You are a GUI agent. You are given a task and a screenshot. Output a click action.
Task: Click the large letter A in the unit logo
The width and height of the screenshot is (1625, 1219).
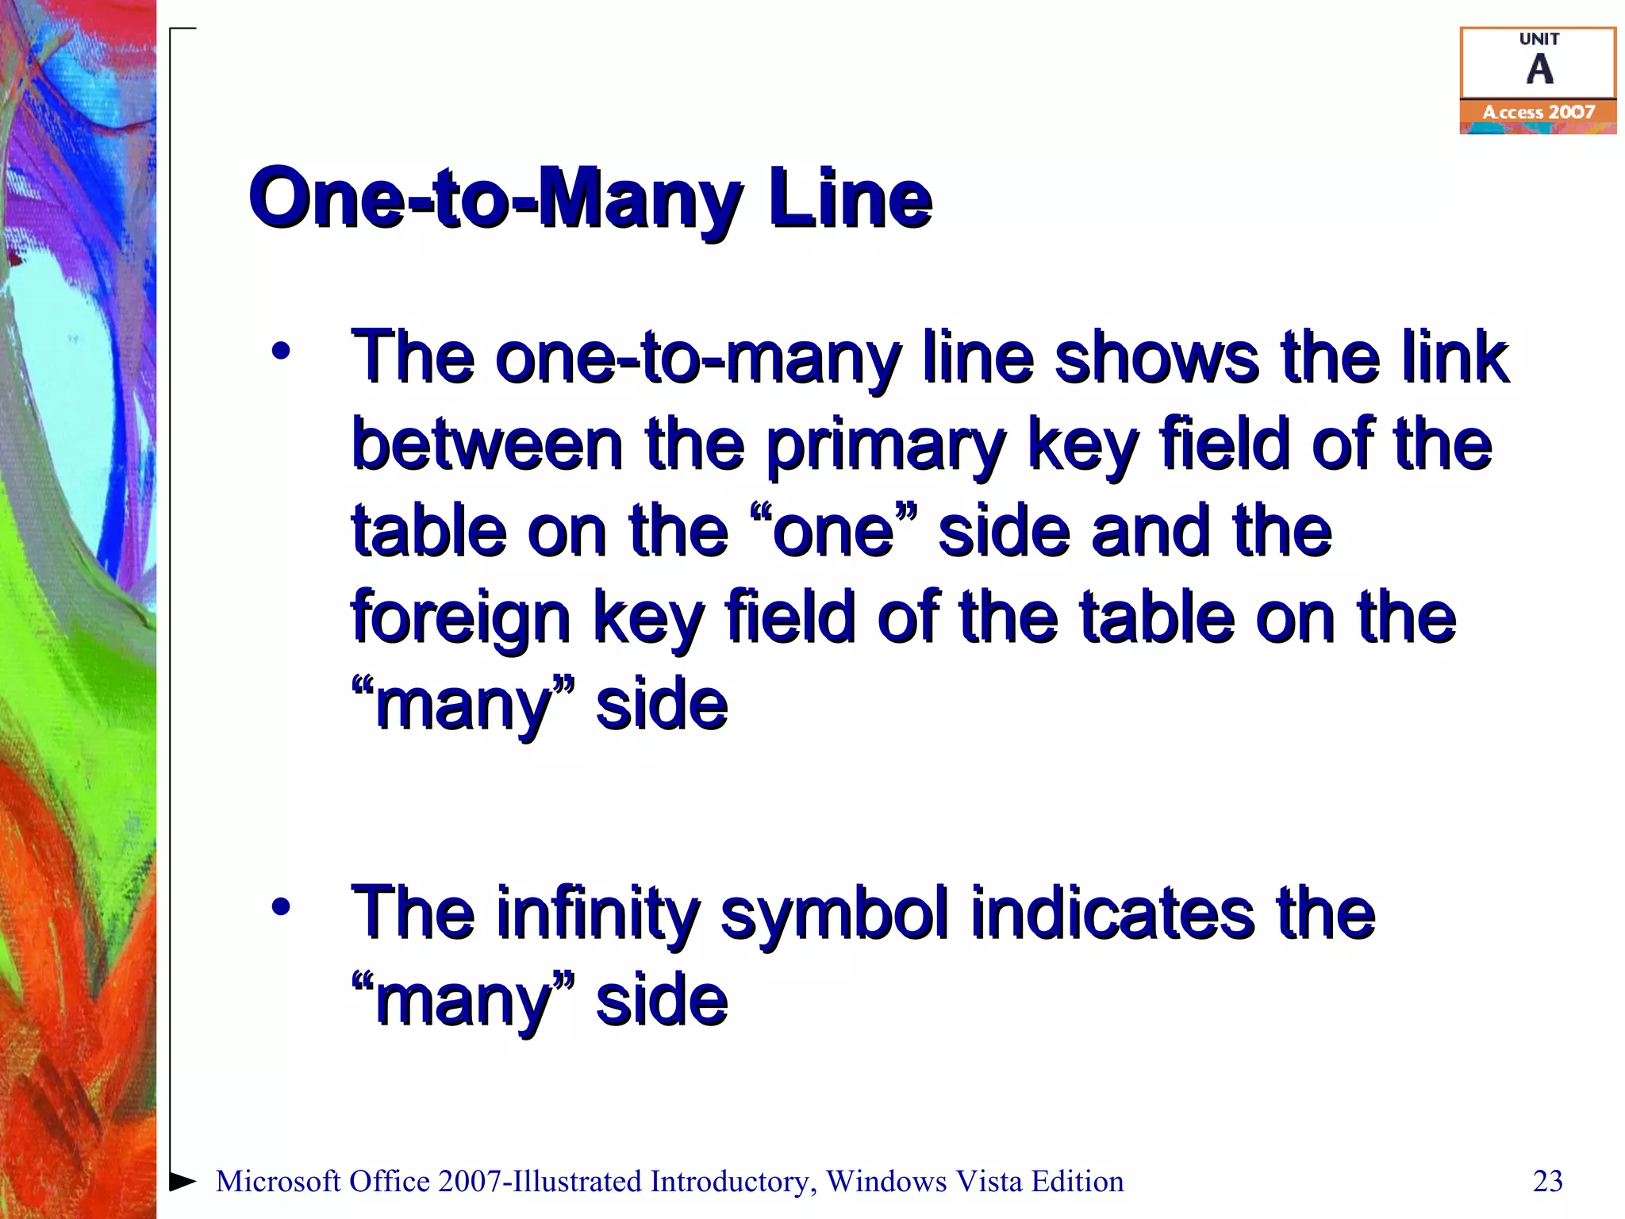pyautogui.click(x=1539, y=70)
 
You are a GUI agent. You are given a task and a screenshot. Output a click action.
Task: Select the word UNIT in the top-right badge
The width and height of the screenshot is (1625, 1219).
pyautogui.click(x=1539, y=39)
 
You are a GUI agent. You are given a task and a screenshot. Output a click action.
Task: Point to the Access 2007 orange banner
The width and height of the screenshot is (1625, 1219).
pyautogui.click(x=1538, y=113)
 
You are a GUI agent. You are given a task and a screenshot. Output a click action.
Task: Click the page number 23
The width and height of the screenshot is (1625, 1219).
pyautogui.click(x=1547, y=1182)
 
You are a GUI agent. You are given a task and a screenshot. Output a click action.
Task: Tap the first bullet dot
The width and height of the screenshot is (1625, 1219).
pyautogui.click(x=280, y=350)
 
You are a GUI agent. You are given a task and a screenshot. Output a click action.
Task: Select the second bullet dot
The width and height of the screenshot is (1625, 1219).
pyautogui.click(x=280, y=906)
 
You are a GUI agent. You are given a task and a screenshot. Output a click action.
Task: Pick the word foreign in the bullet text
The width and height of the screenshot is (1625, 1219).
pyautogui.click(x=461, y=619)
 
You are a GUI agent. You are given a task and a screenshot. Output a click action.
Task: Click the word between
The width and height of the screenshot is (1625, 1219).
pyautogui.click(x=486, y=444)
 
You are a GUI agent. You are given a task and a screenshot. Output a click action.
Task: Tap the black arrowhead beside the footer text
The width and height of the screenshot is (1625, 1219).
pyautogui.click(x=183, y=1181)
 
